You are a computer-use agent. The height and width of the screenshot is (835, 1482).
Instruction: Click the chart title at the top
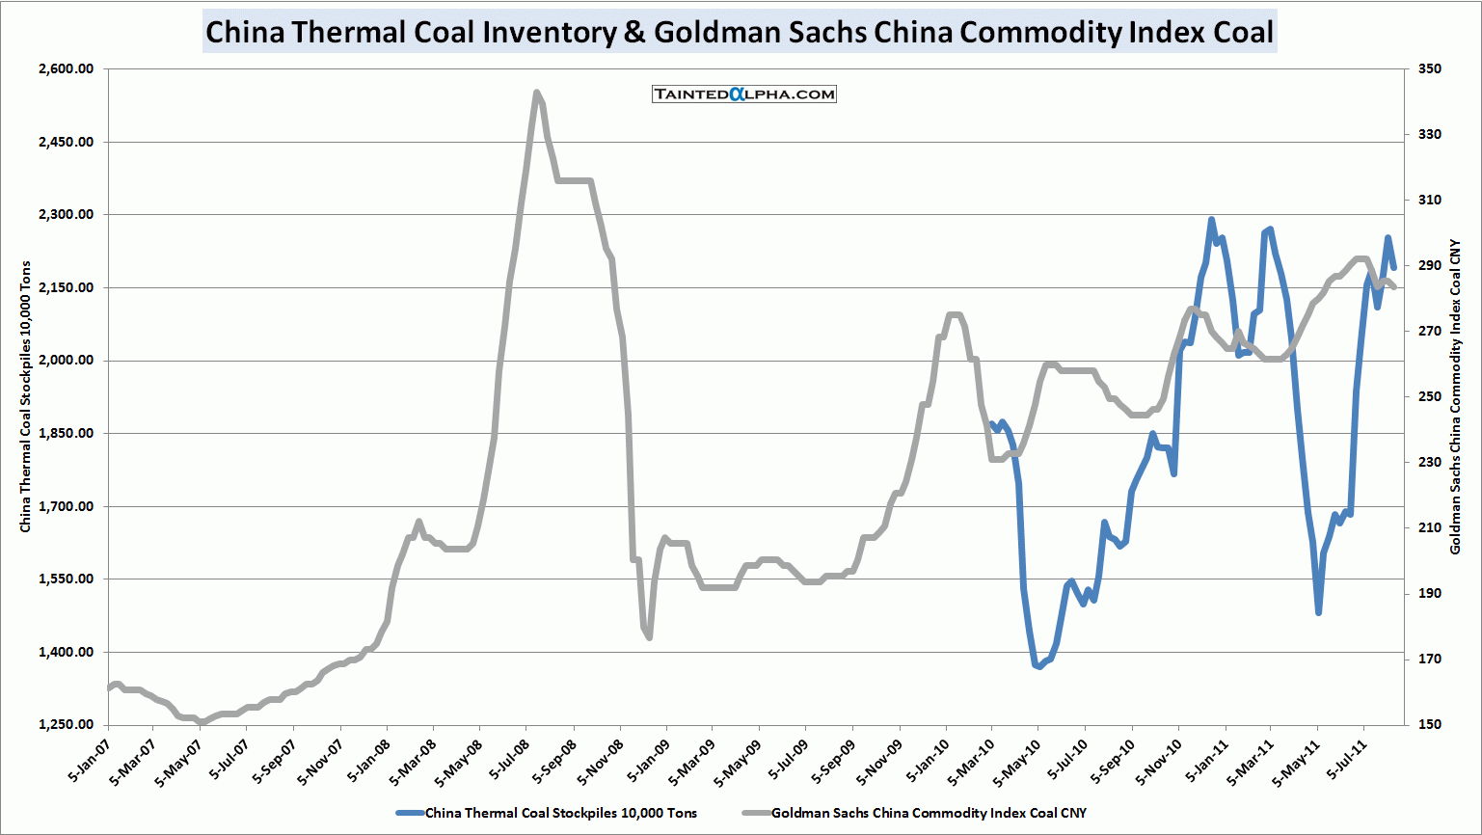point(740,32)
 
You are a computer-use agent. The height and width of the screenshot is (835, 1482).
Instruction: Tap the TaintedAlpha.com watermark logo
point(743,94)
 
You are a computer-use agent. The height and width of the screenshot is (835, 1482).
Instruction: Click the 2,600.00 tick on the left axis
point(67,69)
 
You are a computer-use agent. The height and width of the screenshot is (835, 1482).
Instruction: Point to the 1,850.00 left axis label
point(67,434)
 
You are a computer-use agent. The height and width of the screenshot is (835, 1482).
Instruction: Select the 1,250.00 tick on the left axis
point(67,725)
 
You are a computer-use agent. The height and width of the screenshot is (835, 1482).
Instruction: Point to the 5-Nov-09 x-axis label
point(877,763)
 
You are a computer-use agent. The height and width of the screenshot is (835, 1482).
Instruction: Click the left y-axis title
point(26,396)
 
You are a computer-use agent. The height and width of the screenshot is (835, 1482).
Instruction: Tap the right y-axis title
point(1456,396)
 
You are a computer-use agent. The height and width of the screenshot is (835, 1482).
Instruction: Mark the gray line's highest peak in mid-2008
point(536,93)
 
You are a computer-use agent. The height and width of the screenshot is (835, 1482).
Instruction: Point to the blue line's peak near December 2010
point(1211,220)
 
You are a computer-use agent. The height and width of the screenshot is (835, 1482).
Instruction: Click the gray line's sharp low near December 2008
point(649,636)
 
